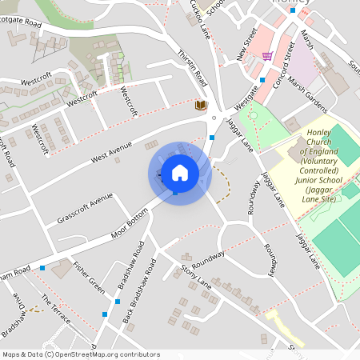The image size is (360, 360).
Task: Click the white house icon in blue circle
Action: click(x=180, y=173)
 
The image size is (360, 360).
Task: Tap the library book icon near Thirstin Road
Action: click(x=201, y=105)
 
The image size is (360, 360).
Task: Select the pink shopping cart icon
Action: click(x=267, y=56)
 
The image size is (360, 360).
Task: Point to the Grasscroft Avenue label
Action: click(x=85, y=208)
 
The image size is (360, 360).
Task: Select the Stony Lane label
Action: click(x=196, y=275)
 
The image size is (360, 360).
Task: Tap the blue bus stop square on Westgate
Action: click(x=262, y=80)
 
